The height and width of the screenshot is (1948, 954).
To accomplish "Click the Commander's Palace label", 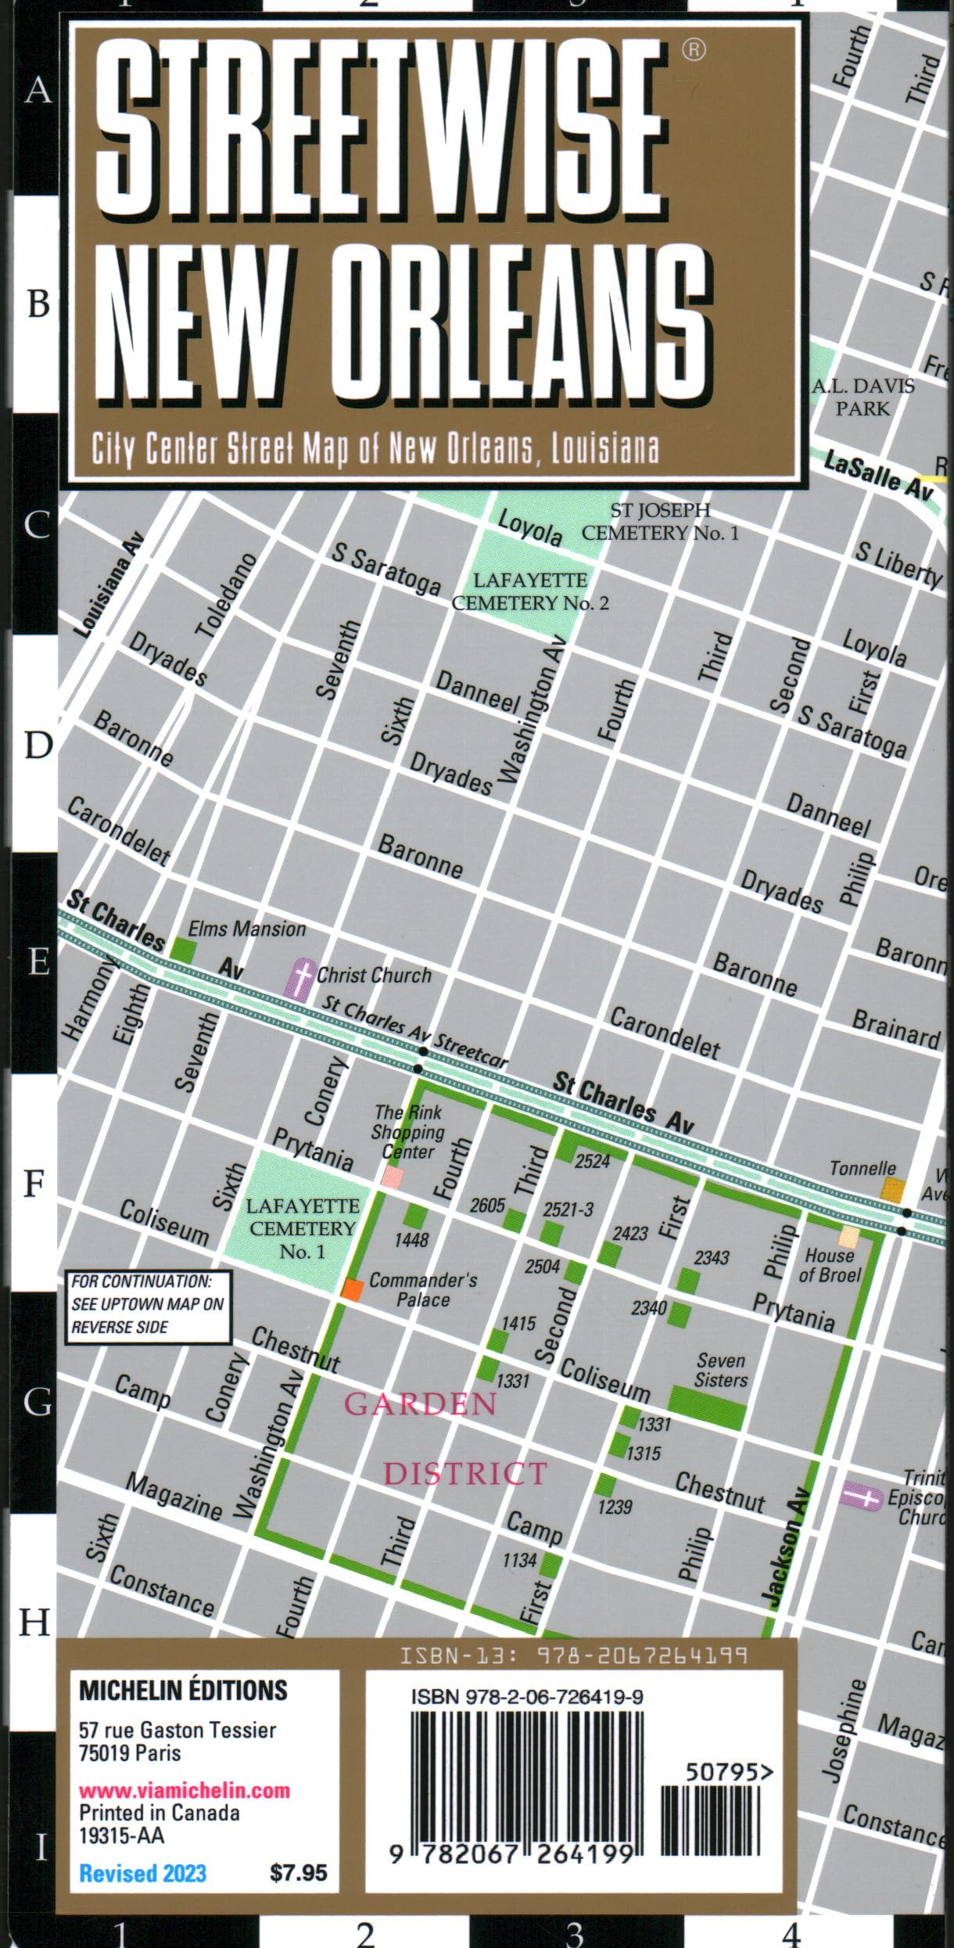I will [423, 1289].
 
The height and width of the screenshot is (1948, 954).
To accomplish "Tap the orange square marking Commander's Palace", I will [352, 1290].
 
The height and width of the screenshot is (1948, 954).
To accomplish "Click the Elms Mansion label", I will [247, 929].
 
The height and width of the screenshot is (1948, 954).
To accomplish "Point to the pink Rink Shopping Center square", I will [393, 1177].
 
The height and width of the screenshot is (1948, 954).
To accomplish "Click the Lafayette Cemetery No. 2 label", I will [529, 591].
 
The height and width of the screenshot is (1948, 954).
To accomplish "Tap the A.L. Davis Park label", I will [863, 397].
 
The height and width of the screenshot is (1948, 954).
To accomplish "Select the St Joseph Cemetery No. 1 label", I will [660, 522].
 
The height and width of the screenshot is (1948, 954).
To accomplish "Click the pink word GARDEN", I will [421, 1404].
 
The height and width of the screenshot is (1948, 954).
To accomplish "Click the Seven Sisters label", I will [720, 1371].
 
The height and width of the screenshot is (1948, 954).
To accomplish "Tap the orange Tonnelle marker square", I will [892, 1191].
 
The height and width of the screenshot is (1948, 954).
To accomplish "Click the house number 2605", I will [487, 1206].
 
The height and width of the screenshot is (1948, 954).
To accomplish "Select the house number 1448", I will [411, 1239].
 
